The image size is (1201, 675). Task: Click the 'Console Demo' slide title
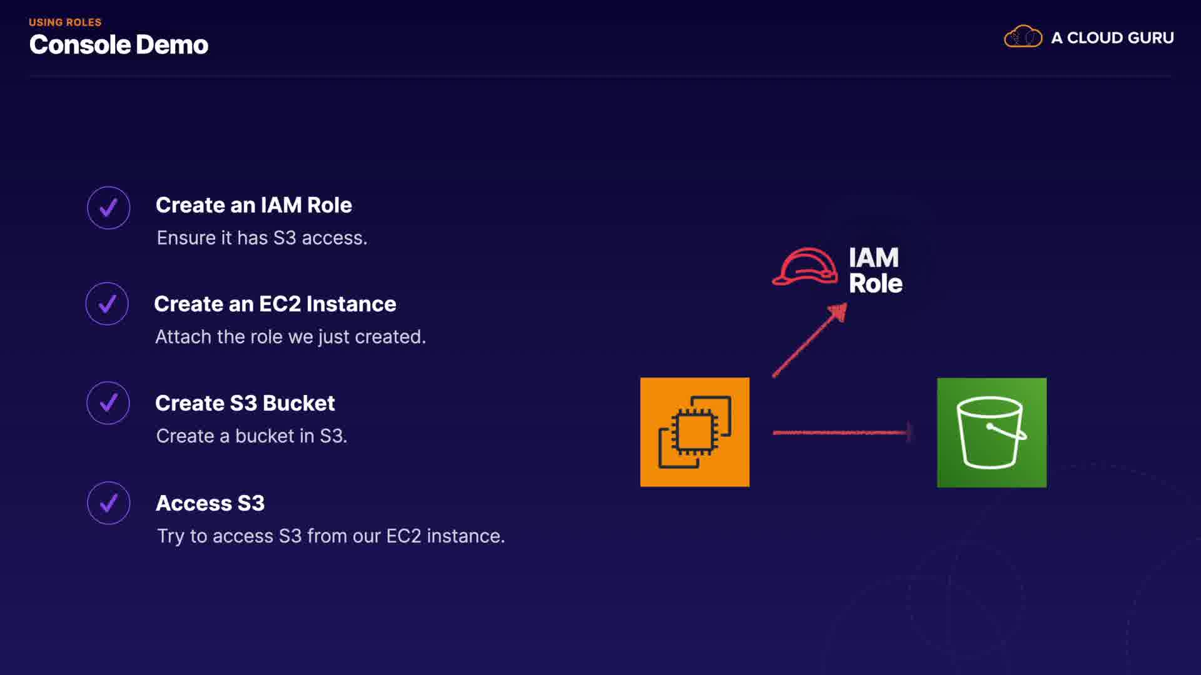click(118, 45)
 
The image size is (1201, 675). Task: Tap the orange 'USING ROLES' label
click(65, 22)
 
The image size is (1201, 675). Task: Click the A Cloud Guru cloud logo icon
click(1023, 37)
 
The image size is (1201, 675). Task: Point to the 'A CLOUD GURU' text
click(1112, 38)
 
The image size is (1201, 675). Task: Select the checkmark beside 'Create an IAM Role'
click(109, 207)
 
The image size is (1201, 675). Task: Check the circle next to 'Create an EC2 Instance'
click(108, 304)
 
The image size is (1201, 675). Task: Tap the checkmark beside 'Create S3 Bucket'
click(109, 403)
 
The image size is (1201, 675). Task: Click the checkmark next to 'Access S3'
click(109, 502)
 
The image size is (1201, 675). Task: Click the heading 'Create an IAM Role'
click(253, 205)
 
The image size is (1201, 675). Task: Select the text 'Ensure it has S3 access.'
click(261, 238)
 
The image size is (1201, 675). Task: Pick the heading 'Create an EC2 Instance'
click(275, 304)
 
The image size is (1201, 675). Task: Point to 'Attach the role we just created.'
click(290, 337)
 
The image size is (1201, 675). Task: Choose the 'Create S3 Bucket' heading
click(245, 403)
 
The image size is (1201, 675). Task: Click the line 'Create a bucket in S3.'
click(251, 436)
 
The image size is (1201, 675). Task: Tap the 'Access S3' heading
click(210, 503)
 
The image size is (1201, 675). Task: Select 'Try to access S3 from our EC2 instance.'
click(330, 536)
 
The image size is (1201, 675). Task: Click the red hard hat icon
click(805, 267)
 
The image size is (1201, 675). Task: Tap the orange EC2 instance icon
click(694, 432)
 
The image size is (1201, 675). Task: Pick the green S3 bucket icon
click(991, 432)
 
